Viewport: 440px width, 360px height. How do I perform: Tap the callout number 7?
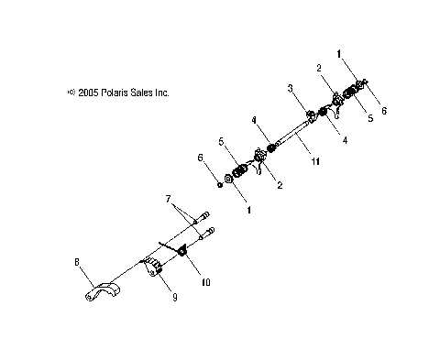pos(169,198)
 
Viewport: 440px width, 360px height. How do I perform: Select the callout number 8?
pos(77,263)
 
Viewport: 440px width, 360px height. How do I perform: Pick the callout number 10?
pos(205,283)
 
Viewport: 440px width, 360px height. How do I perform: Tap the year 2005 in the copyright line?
pos(88,93)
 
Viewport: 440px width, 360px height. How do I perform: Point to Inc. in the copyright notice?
pos(164,93)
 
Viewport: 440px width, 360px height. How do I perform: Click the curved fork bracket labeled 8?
pos(96,291)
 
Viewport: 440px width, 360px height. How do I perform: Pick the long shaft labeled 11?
pos(284,137)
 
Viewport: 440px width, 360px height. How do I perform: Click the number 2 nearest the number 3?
pos(319,68)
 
